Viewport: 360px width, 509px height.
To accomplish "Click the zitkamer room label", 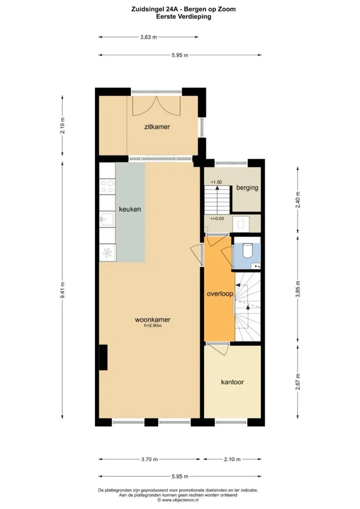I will [x=157, y=127].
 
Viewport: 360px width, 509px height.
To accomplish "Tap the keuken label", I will [x=130, y=209].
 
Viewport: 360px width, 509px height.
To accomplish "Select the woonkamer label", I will [x=153, y=319].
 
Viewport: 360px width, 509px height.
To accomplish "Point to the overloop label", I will [x=219, y=294].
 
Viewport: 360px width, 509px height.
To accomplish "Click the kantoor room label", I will [x=232, y=382].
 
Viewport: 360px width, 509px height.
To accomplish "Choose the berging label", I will [x=247, y=188].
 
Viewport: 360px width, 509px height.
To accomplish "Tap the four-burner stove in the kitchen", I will [x=108, y=186].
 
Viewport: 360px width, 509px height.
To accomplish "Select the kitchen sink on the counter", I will [x=107, y=219].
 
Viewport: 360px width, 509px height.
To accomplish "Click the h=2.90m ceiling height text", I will [x=153, y=326].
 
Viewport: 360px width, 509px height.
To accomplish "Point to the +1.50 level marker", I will [x=216, y=182].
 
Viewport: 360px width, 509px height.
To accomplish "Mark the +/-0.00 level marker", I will [x=217, y=218].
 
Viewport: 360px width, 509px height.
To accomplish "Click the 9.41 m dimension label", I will [x=62, y=290].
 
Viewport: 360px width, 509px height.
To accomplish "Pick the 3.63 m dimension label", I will [x=148, y=36].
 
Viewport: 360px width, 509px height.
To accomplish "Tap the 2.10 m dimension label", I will [x=232, y=459].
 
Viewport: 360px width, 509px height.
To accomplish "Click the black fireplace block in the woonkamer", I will [x=103, y=358].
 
